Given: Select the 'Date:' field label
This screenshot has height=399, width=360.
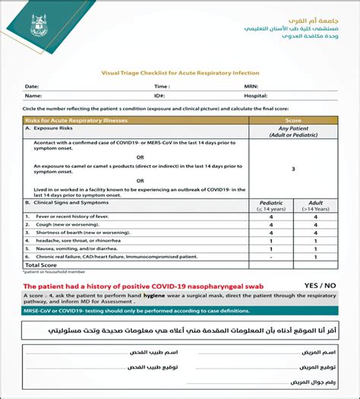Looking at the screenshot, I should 32,87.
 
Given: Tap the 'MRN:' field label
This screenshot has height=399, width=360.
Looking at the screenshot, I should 251,87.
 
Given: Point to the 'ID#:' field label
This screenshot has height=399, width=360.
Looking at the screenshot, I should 160,97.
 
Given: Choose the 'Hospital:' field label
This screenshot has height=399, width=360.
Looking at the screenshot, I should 256,97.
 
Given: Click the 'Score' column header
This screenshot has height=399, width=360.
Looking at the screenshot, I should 292,120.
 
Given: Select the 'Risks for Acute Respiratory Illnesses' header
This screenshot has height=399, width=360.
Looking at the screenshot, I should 76,120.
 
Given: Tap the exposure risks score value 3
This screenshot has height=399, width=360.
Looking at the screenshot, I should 292,169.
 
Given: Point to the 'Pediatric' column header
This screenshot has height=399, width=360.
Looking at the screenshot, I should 271,203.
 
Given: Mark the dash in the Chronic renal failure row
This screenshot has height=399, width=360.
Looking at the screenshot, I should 271,256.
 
